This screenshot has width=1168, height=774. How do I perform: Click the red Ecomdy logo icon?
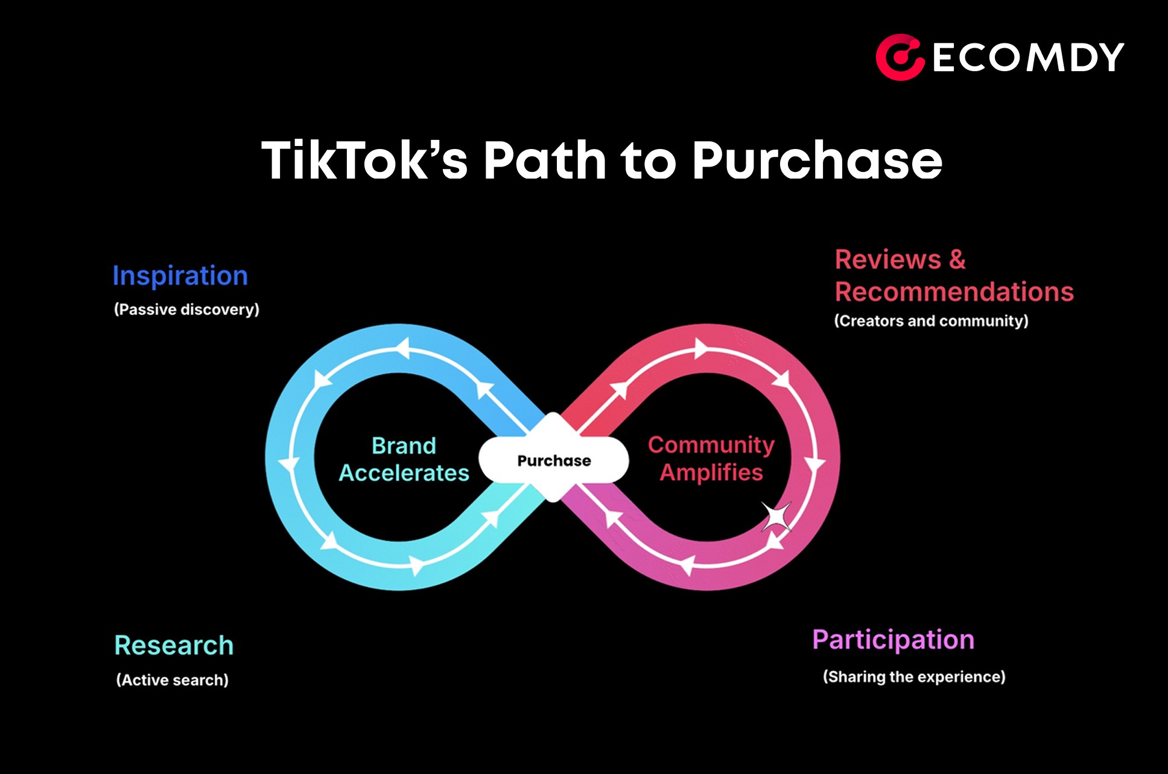click(900, 57)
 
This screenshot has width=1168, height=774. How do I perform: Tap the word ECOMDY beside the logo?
click(1028, 58)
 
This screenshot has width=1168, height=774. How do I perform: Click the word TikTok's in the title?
click(364, 160)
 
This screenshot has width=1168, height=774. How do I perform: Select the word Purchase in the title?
click(817, 160)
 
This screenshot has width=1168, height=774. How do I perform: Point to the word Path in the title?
click(545, 160)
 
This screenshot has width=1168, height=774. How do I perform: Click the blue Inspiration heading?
click(180, 276)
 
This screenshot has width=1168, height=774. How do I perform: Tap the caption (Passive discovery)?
click(186, 309)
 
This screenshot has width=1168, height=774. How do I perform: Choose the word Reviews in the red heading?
click(887, 260)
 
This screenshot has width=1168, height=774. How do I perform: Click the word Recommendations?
click(954, 292)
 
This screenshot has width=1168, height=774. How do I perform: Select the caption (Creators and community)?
click(931, 321)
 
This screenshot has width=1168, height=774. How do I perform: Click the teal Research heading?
click(174, 646)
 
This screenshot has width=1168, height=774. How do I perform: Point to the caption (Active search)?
click(172, 680)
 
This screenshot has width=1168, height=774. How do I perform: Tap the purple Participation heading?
click(893, 640)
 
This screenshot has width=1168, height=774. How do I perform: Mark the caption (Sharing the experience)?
click(914, 677)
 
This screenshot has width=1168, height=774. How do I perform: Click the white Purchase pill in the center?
click(554, 461)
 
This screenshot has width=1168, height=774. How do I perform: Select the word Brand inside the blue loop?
click(404, 446)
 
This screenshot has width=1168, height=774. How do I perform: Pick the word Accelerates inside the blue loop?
click(404, 473)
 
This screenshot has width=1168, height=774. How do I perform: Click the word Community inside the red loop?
click(711, 445)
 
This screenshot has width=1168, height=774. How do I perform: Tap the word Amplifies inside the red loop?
click(711, 472)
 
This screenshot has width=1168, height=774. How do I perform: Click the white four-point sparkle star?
click(776, 517)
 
